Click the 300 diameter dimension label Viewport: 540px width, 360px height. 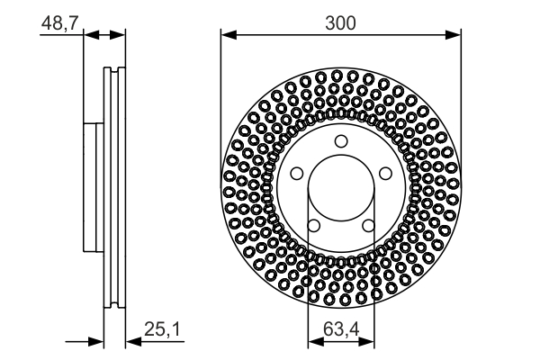click(341, 22)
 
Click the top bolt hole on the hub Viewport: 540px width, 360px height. click(340, 140)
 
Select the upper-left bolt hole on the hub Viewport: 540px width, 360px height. click(297, 172)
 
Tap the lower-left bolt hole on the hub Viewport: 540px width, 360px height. click(313, 224)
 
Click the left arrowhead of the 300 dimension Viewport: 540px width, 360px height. click(228, 35)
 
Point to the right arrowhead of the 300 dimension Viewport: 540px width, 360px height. click(454, 35)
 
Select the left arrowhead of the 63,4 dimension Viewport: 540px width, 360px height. click(314, 342)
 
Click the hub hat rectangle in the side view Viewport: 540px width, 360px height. click(90, 186)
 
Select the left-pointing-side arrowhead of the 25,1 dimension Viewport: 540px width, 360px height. click(95, 342)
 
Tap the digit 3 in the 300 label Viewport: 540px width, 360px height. click(330, 22)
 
